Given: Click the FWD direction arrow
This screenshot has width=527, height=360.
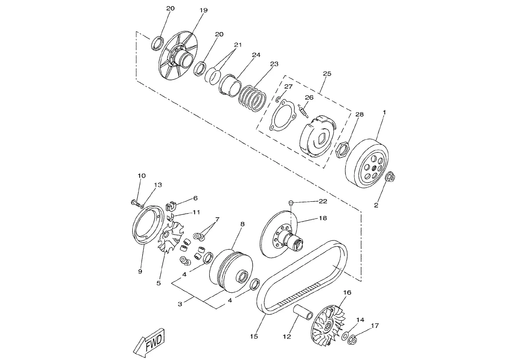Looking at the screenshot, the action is [x=149, y=342].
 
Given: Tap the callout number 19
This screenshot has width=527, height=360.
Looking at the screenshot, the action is [x=204, y=10].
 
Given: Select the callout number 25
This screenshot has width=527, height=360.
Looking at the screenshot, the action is [x=327, y=73].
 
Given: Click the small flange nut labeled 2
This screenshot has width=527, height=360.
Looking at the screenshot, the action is [x=391, y=176].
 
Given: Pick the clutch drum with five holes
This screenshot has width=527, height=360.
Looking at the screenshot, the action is [x=367, y=164].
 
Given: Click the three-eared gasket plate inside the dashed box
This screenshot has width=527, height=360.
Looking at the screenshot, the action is [x=283, y=115].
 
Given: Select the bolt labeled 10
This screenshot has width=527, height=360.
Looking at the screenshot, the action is [x=134, y=202].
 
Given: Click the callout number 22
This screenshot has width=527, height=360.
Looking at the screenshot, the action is [x=323, y=201].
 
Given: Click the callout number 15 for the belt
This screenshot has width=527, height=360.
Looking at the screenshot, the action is [x=254, y=336].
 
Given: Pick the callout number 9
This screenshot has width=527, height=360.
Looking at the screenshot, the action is [x=140, y=271].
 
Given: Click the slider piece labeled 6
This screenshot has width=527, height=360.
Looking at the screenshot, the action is [x=172, y=205].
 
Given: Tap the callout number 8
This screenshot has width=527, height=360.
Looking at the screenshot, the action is [x=243, y=224].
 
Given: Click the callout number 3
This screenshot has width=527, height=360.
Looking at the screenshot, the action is [x=180, y=304].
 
